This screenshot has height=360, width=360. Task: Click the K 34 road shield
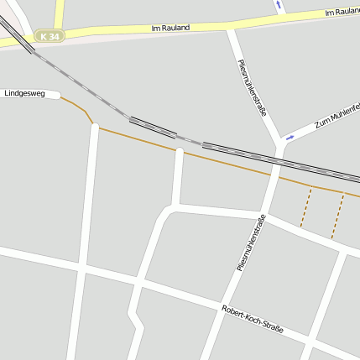point(50,37)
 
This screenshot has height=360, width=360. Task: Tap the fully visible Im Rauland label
point(170,28)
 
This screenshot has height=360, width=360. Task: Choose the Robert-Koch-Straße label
point(253,320)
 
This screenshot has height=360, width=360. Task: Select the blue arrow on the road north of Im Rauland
point(279,4)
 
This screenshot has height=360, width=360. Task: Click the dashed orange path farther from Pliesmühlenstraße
point(337,215)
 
